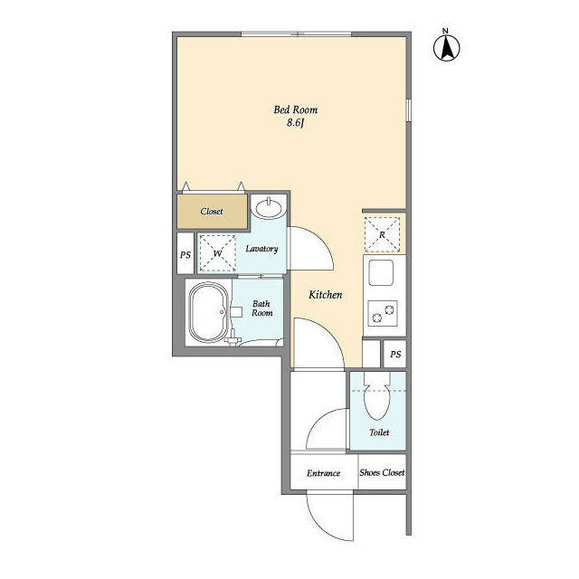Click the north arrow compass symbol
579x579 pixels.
(446, 47)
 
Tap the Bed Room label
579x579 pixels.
(296, 109)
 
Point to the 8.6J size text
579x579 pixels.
(295, 123)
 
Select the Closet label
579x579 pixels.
(212, 211)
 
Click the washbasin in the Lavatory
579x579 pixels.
(270, 207)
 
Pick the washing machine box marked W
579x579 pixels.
(217, 253)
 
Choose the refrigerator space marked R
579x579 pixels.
(382, 234)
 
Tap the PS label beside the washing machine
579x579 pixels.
(185, 255)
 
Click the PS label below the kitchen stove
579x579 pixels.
(395, 355)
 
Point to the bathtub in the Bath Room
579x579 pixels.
(209, 312)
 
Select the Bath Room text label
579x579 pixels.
(262, 308)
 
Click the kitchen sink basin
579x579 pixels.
(381, 272)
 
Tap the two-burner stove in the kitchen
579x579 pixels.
(383, 313)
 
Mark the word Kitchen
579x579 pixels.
(326, 295)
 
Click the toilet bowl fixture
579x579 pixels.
(377, 396)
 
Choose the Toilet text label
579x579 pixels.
(379, 432)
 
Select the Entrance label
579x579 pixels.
(324, 473)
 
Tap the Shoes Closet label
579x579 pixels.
(382, 472)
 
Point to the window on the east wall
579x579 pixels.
(409, 110)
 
